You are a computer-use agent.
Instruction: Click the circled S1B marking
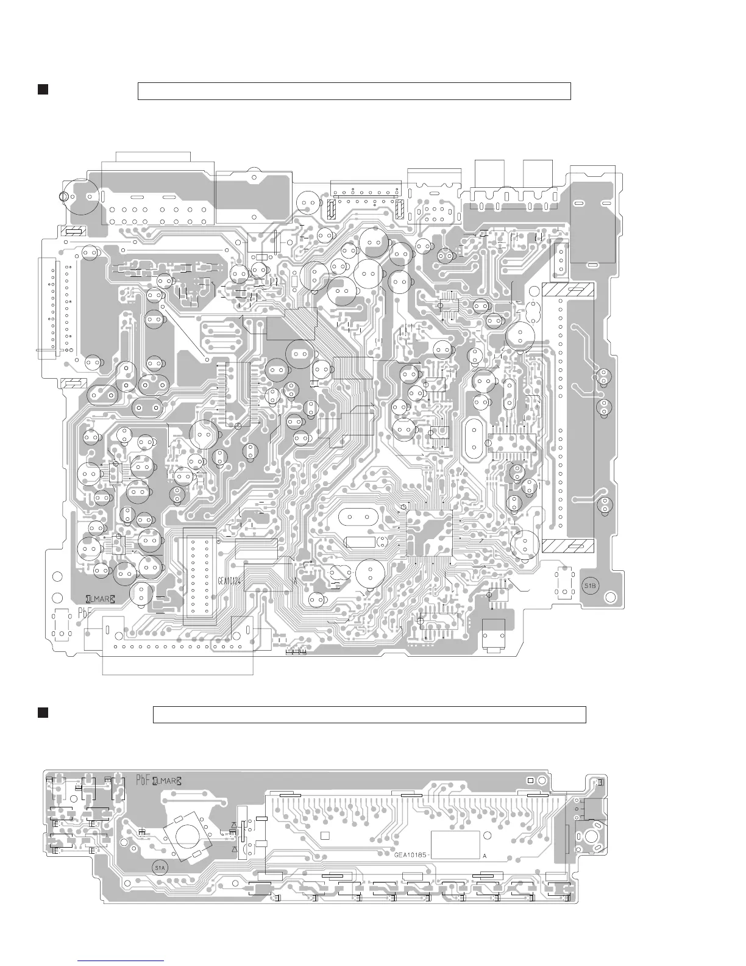point(591,585)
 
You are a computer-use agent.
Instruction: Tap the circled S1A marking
point(160,867)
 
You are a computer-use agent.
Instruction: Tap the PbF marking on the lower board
point(143,780)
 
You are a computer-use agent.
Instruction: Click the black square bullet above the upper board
point(43,90)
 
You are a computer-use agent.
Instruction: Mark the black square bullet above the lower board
point(43,713)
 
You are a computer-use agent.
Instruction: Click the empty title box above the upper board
point(354,91)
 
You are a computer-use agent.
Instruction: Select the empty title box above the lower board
point(369,714)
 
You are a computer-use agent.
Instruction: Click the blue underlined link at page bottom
point(122,961)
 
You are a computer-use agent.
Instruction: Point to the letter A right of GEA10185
point(485,856)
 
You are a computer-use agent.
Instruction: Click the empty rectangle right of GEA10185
point(455,845)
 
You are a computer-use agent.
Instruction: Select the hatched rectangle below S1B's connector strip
point(568,546)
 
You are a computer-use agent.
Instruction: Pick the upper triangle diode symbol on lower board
point(234,826)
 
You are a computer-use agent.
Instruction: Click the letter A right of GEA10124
point(295,581)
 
